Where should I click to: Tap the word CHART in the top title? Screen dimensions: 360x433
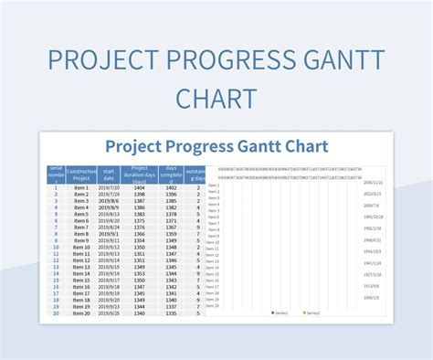pos(216,98)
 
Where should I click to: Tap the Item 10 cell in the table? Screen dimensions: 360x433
pos(81,247)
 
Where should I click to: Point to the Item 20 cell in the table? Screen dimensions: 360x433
pos(81,312)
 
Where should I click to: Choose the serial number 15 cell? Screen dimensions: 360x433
pos(55,280)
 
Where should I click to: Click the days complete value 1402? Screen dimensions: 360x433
pos(170,187)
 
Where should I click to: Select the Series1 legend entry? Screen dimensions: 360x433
pos(280,312)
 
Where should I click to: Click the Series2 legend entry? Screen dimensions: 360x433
pos(312,312)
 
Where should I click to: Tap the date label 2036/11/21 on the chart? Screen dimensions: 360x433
pos(373,183)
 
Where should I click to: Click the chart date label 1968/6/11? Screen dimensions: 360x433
pos(373,239)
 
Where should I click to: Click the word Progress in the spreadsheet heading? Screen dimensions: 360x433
pos(197,146)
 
